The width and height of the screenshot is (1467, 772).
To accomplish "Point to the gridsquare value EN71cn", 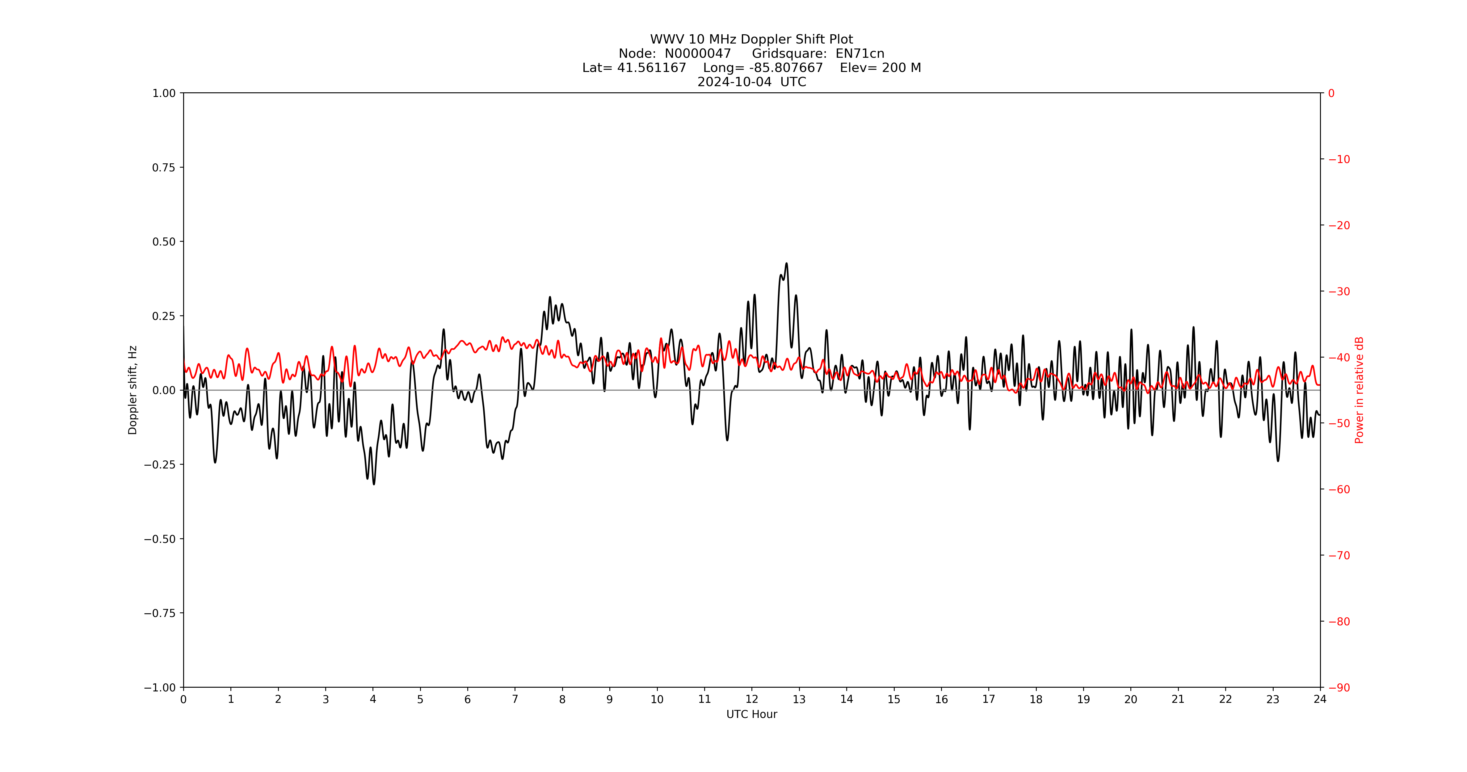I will click(860, 53).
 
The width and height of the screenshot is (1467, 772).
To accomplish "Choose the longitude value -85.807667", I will click(786, 68).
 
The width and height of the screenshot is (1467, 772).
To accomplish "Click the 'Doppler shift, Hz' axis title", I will click(133, 390).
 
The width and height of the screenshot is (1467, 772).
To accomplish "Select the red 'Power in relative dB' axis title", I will click(1359, 390).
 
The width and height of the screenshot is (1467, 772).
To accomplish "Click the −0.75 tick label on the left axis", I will click(159, 613).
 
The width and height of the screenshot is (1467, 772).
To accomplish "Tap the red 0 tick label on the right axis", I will click(1331, 93).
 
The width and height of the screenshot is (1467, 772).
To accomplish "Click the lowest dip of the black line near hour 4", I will click(374, 484).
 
